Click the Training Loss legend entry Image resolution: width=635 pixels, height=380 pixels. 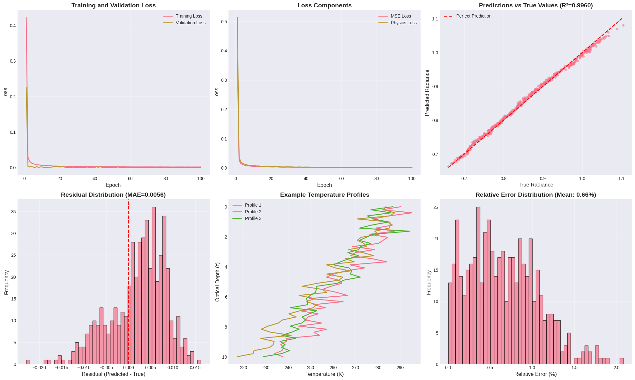pyautogui.click(x=189, y=16)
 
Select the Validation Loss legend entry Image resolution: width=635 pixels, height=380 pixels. pyautogui.click(x=190, y=23)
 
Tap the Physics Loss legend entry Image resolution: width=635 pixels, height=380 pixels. pyautogui.click(x=403, y=23)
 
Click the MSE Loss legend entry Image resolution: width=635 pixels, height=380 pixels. pyautogui.click(x=401, y=16)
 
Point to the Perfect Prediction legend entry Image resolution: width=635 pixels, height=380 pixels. pyautogui.click(x=474, y=16)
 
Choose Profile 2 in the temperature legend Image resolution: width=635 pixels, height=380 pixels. pyautogui.click(x=253, y=212)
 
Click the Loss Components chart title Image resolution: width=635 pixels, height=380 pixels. pyautogui.click(x=324, y=5)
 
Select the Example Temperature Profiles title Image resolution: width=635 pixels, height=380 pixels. pyautogui.click(x=325, y=195)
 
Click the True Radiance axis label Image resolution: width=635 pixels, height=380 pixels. pyautogui.click(x=536, y=185)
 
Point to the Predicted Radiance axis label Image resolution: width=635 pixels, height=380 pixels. pyautogui.click(x=427, y=93)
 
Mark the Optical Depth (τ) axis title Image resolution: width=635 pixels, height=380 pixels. pyautogui.click(x=218, y=282)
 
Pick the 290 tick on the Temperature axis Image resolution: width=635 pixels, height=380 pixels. pyautogui.click(x=400, y=368)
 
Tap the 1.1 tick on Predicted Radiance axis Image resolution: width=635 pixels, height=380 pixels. pyautogui.click(x=435, y=19)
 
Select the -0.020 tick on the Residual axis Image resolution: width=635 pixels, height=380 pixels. pyautogui.click(x=40, y=368)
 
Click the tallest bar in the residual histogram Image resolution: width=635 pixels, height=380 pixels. pyautogui.click(x=154, y=285)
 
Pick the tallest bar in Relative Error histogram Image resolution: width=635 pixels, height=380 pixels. pyautogui.click(x=478, y=285)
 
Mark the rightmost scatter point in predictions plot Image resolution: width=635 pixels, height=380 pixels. pyautogui.click(x=623, y=25)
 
